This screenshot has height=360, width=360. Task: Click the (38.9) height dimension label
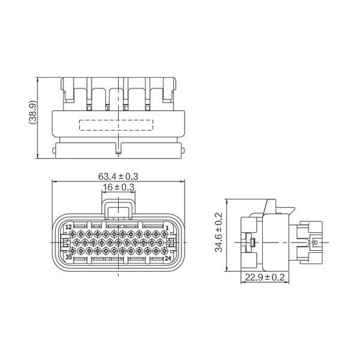[32, 113]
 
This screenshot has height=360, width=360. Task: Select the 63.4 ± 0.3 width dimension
[118, 176]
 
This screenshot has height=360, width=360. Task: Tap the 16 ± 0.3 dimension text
[118, 187]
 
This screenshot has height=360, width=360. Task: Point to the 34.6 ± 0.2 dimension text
[218, 232]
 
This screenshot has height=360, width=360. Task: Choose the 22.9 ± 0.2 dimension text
[265, 277]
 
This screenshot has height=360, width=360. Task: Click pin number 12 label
[68, 227]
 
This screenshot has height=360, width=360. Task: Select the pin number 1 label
[167, 228]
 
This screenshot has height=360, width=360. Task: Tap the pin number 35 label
[68, 257]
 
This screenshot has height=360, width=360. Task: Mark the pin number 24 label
[168, 258]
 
